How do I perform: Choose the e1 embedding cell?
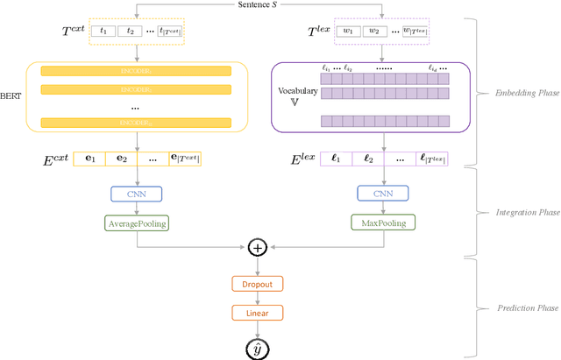coord(89,159)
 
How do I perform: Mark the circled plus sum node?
coord(258,248)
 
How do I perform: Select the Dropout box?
coord(258,284)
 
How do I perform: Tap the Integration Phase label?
coord(517,211)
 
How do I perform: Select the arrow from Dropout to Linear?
coord(258,298)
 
